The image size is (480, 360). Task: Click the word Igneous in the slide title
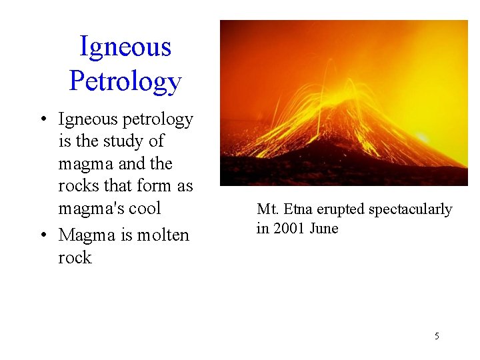tap(125, 47)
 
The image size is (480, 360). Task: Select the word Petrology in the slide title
tap(125, 81)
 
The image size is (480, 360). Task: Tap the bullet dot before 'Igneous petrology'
tap(42, 120)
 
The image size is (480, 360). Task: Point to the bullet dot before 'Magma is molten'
tap(42, 235)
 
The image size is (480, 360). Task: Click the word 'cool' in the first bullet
tap(145, 208)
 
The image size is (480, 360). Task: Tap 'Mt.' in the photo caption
tap(267, 209)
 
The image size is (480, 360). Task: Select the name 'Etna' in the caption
tap(296, 209)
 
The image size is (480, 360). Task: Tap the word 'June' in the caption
tap(325, 229)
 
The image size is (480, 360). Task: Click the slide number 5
tap(437, 336)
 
